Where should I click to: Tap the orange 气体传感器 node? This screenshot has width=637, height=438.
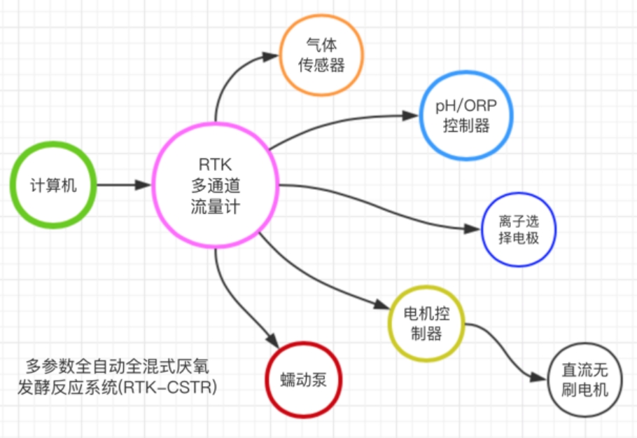[323, 55]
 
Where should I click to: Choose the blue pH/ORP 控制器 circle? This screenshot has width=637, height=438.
[465, 116]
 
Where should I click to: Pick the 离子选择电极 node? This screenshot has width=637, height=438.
[519, 228]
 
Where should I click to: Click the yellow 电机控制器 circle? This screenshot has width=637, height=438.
[427, 322]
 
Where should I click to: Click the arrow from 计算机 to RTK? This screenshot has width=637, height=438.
[122, 186]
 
